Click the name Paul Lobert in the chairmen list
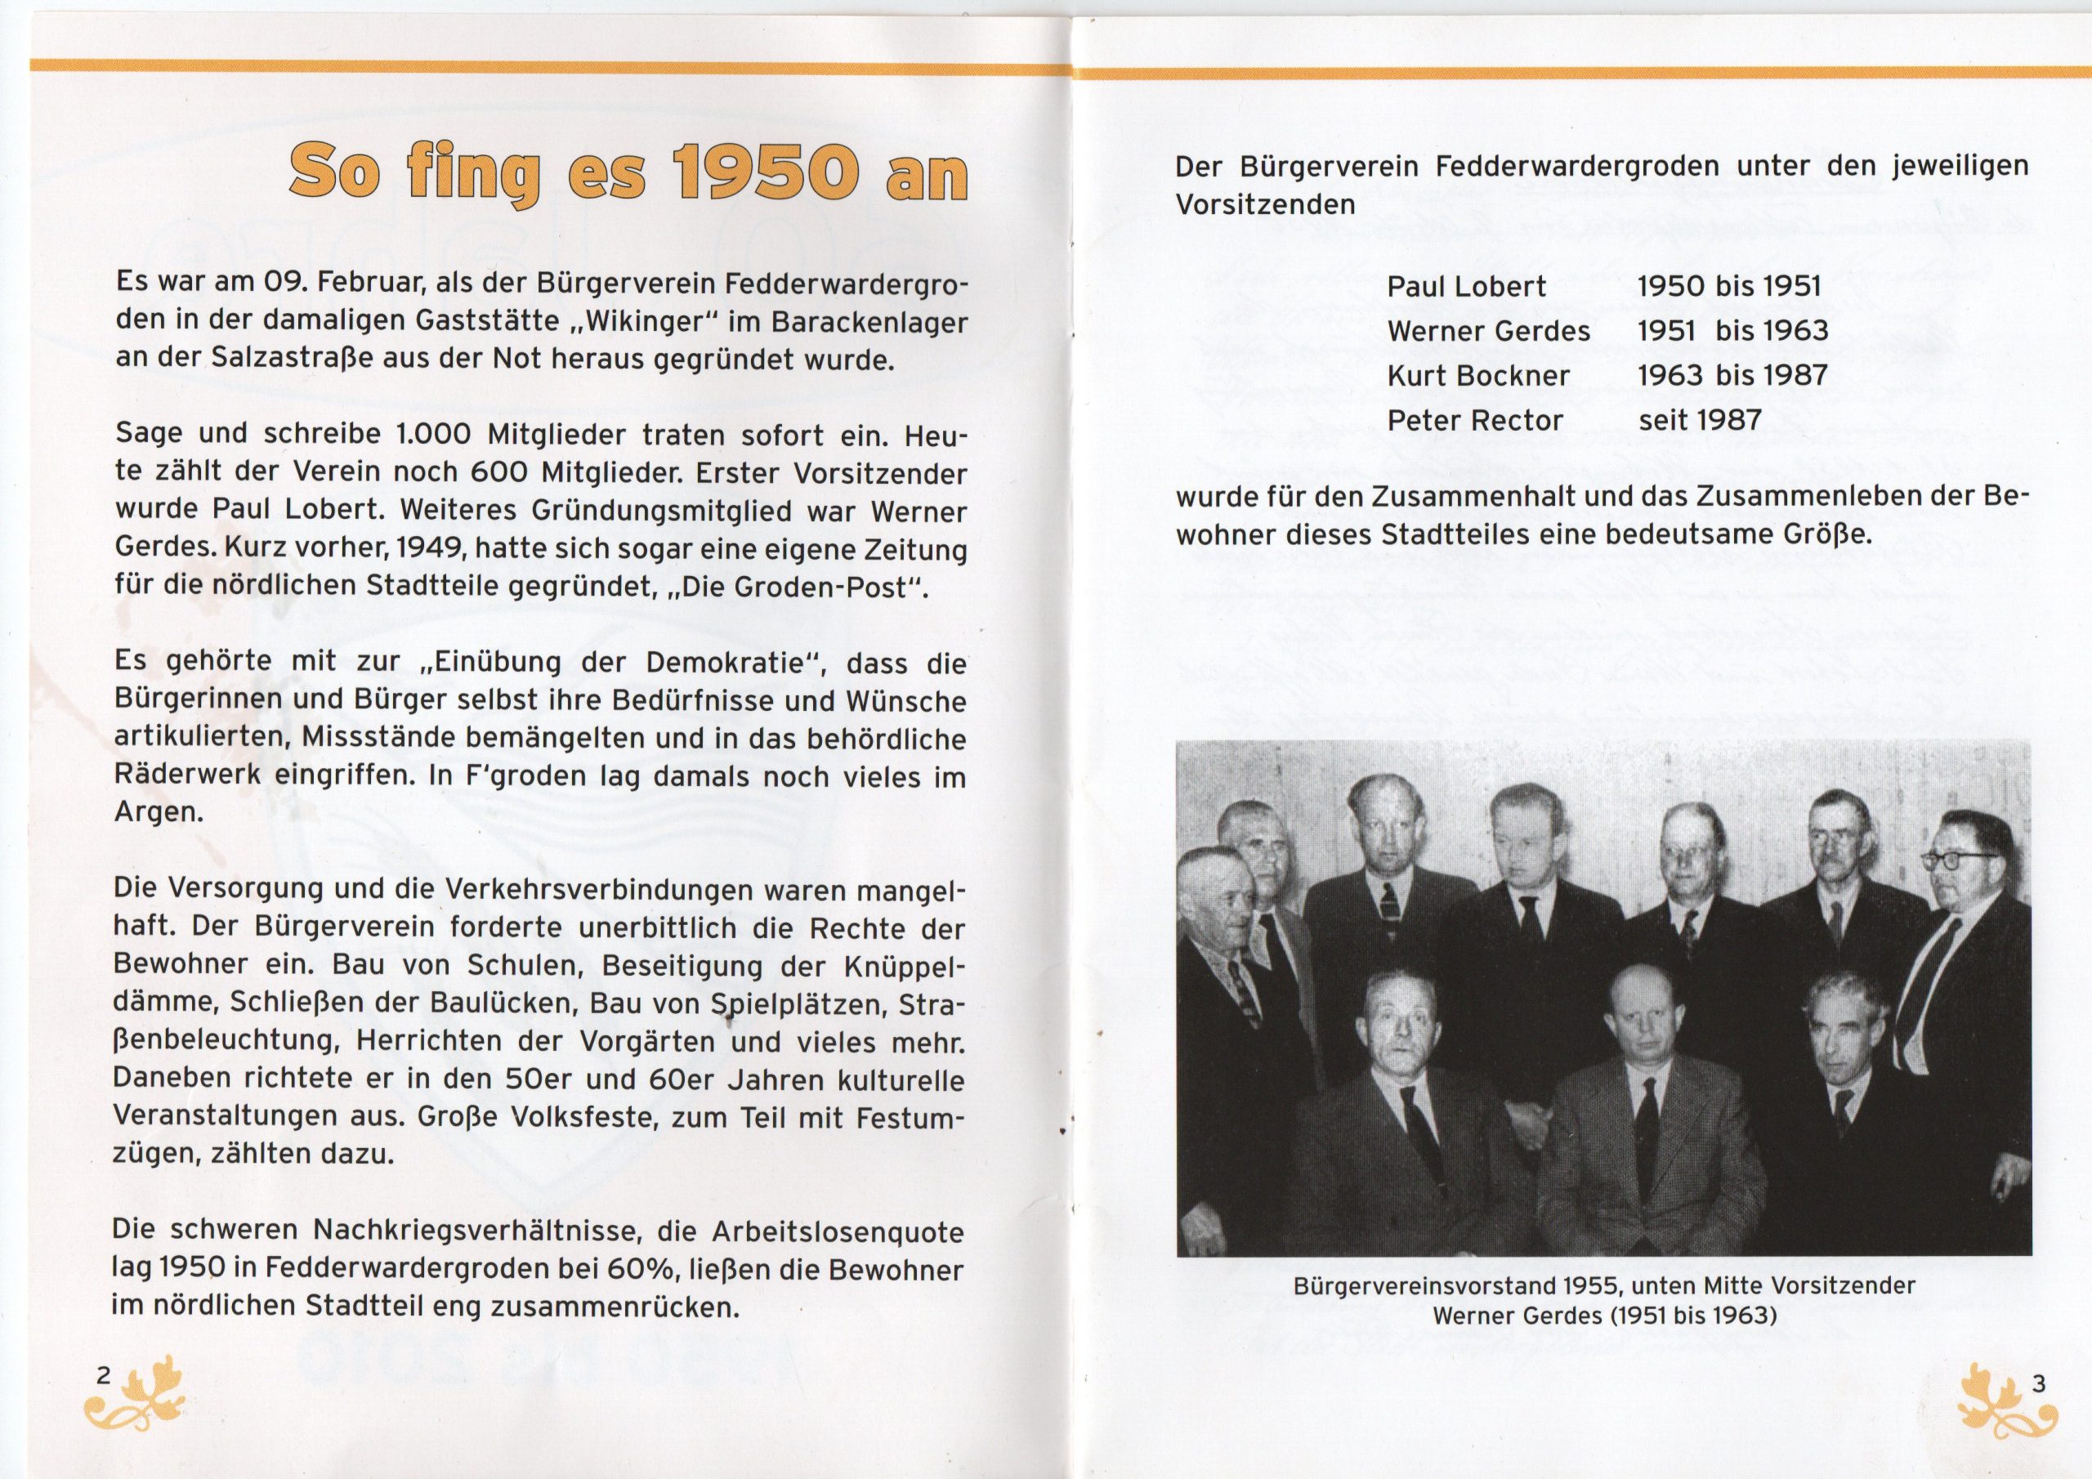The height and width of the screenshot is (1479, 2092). [1466, 287]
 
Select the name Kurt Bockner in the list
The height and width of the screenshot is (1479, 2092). [1478, 375]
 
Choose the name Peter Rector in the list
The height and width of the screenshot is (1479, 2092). [1474, 420]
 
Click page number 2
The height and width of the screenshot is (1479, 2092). [104, 1376]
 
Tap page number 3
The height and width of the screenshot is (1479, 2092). [2039, 1384]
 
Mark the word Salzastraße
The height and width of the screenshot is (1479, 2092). [292, 359]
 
